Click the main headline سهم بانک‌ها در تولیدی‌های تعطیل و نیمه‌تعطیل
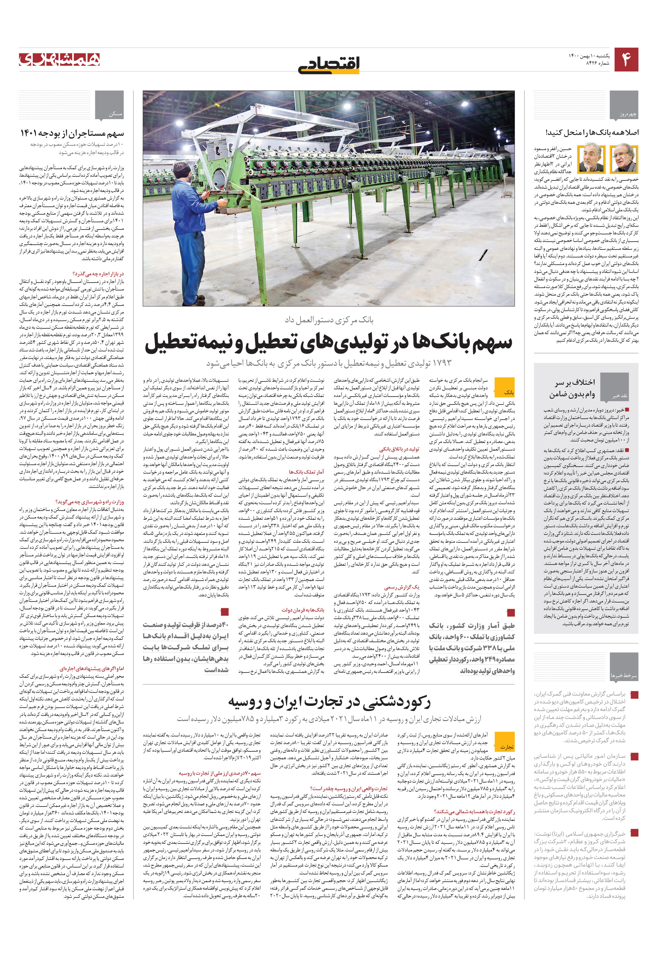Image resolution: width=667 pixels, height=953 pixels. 329,342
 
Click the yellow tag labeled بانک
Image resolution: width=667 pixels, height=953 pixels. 509,392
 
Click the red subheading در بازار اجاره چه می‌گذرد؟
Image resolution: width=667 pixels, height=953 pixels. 98,274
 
